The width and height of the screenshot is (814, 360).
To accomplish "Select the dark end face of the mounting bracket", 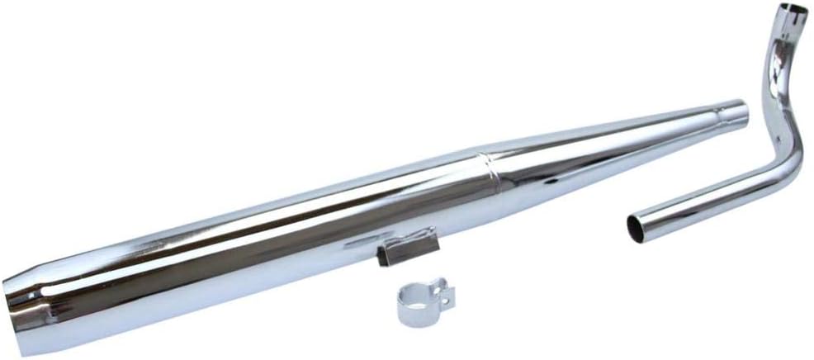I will pos(385,257).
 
